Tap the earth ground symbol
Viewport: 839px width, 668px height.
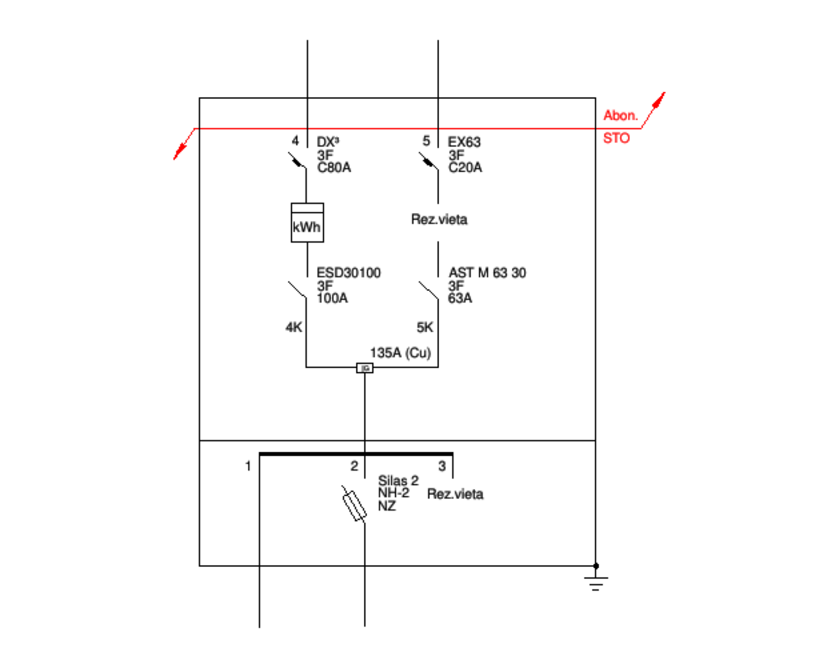click(x=596, y=582)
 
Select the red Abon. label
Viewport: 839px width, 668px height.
click(x=620, y=115)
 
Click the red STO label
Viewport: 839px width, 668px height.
click(x=616, y=138)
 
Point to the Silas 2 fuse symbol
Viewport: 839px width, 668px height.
click(x=354, y=504)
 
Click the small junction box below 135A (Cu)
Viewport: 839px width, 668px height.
click(x=364, y=368)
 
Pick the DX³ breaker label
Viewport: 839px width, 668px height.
click(x=328, y=142)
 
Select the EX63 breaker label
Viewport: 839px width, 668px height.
click(x=464, y=142)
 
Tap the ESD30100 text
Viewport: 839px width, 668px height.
click(x=348, y=273)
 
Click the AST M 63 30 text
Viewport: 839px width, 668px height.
click(x=487, y=273)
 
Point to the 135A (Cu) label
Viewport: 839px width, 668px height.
click(x=400, y=353)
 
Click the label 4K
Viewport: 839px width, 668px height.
click(x=294, y=328)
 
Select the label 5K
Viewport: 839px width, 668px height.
click(x=425, y=328)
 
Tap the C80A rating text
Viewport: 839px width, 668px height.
click(x=334, y=168)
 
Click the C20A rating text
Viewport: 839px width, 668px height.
click(x=465, y=168)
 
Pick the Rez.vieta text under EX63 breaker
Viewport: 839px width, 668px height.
click(x=439, y=219)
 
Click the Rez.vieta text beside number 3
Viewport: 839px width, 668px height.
click(x=455, y=494)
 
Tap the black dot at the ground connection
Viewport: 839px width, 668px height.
click(x=596, y=565)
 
